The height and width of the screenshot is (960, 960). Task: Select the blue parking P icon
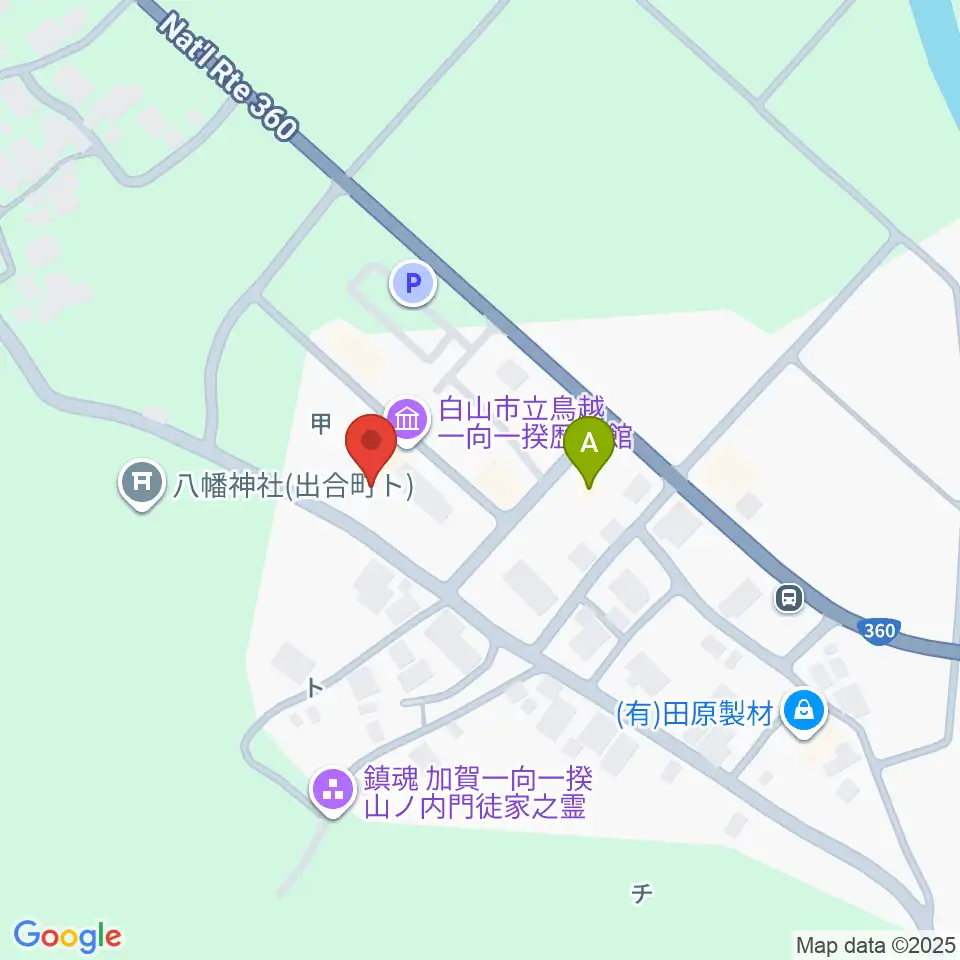click(x=413, y=284)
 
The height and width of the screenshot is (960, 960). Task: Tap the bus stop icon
click(x=789, y=598)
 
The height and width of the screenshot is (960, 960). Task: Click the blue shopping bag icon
click(x=803, y=712)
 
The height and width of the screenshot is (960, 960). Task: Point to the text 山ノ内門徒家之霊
click(x=474, y=806)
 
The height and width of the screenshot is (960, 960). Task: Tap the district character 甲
click(x=320, y=424)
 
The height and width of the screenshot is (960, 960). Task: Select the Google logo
click(x=68, y=936)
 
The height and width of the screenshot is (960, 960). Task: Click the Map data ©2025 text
click(x=875, y=943)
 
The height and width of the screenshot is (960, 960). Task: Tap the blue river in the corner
click(x=940, y=40)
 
